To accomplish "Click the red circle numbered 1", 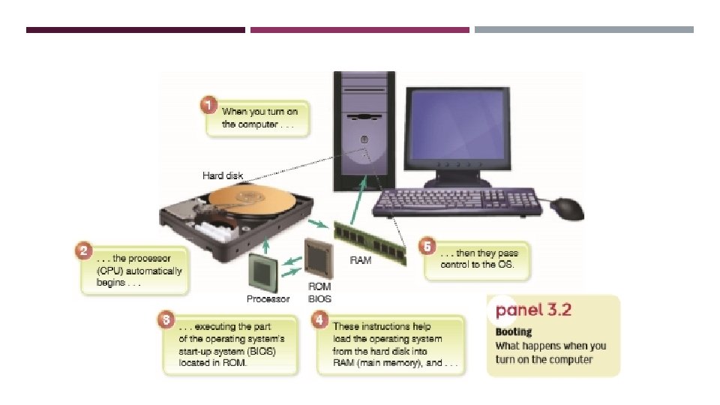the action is tap(211, 105).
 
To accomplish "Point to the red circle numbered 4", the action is tap(321, 321).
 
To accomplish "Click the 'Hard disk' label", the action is tap(223, 175).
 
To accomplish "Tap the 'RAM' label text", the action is tap(361, 261).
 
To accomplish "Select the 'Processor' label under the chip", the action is tap(268, 298).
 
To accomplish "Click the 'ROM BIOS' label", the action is tap(319, 292).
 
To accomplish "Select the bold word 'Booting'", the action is tap(514, 331).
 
